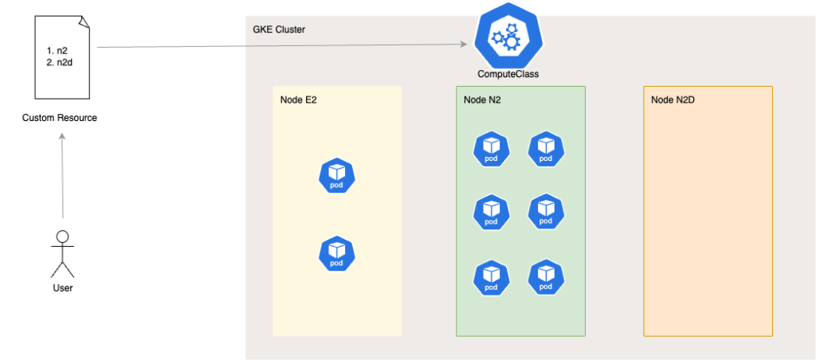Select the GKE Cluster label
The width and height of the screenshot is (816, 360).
[273, 29]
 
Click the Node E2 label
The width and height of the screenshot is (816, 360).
[299, 100]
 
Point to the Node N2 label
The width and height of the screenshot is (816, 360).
[482, 100]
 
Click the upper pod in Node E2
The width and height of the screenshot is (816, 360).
[336, 176]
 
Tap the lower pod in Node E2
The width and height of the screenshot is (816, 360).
[336, 253]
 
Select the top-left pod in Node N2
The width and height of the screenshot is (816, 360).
[491, 148]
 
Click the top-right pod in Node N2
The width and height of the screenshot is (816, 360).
[546, 148]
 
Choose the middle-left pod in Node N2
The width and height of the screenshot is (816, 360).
[491, 212]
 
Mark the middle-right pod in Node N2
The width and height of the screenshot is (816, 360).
[546, 212]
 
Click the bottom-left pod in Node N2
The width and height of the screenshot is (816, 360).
[491, 277]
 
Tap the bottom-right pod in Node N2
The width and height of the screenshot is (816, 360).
[546, 277]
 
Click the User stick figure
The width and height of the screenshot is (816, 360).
[62, 252]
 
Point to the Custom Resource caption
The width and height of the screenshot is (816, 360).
[60, 118]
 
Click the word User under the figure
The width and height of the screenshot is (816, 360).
[62, 288]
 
